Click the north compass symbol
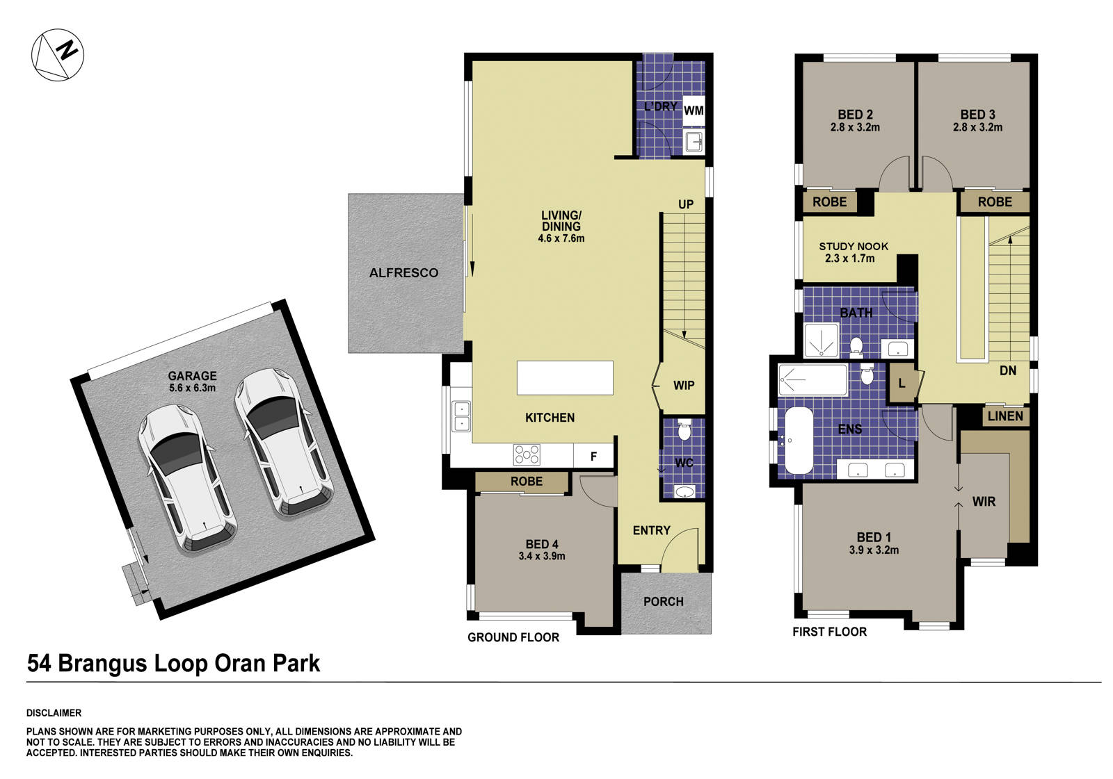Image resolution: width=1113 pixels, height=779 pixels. coord(58,55)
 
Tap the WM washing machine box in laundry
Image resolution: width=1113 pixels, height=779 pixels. coord(693,110)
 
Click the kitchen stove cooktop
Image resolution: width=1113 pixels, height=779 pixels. coord(527,454)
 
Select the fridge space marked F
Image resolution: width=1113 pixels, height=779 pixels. coord(593,457)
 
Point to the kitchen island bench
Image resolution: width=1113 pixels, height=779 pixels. coord(565,378)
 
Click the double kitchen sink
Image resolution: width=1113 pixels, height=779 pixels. coord(461,416)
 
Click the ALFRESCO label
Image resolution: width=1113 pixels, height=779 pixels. coord(403,273)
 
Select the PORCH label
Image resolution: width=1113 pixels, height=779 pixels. coord(663,602)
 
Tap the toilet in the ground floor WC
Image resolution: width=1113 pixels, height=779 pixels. coord(683,431)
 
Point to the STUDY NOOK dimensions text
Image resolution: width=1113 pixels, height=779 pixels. coord(849,259)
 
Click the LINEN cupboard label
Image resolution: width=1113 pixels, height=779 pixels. coord(1005,416)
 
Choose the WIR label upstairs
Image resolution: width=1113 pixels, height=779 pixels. coord(984,502)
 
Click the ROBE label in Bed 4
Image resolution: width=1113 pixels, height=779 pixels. coord(526,482)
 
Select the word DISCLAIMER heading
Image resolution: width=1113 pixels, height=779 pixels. coord(54,713)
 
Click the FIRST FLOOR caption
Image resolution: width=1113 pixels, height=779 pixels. coord(829,632)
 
